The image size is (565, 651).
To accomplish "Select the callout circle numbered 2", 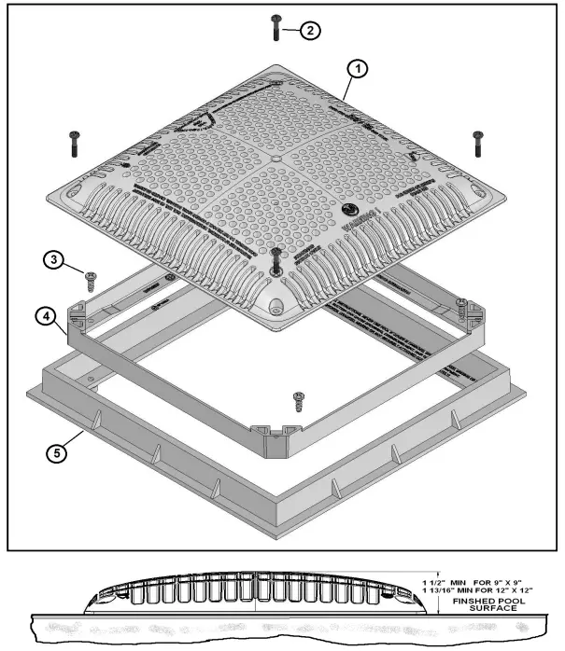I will tap(310, 31).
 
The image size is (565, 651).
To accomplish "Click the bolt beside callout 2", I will tap(276, 27).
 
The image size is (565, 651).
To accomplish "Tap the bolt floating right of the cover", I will tap(477, 143).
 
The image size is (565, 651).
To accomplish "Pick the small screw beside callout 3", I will tap(92, 281).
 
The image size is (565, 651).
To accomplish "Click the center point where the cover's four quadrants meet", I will tap(277, 159).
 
